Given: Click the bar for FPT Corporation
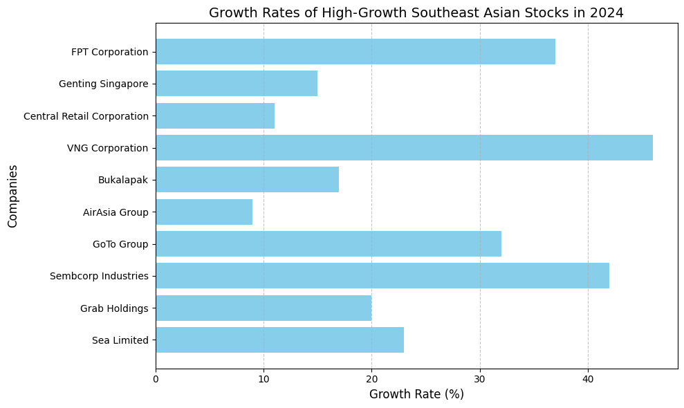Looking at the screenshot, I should (x=355, y=52).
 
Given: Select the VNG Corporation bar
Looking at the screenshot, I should (x=404, y=148).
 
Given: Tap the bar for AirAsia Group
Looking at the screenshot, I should (x=204, y=212).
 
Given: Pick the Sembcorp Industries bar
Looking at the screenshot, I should (x=382, y=276).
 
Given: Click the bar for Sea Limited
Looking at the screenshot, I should (x=279, y=340).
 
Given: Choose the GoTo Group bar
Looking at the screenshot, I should (x=329, y=244).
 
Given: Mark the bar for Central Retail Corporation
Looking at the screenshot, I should (x=215, y=116).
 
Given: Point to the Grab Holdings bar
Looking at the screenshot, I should (x=264, y=308).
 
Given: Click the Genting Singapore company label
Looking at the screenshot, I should (x=104, y=84).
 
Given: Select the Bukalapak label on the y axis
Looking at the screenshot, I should (x=123, y=180).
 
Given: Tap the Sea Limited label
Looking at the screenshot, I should (x=120, y=340).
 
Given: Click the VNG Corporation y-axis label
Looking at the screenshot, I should (x=107, y=148).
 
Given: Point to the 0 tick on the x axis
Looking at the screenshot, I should (x=156, y=379).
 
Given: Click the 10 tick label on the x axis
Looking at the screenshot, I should (x=264, y=379).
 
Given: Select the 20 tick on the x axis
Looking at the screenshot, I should (x=371, y=379).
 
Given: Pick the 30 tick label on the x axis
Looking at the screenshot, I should (x=480, y=379).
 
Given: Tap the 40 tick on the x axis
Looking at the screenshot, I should (x=588, y=379).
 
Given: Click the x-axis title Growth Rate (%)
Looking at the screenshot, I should (x=416, y=395).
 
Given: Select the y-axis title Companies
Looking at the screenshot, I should (x=12, y=196).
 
